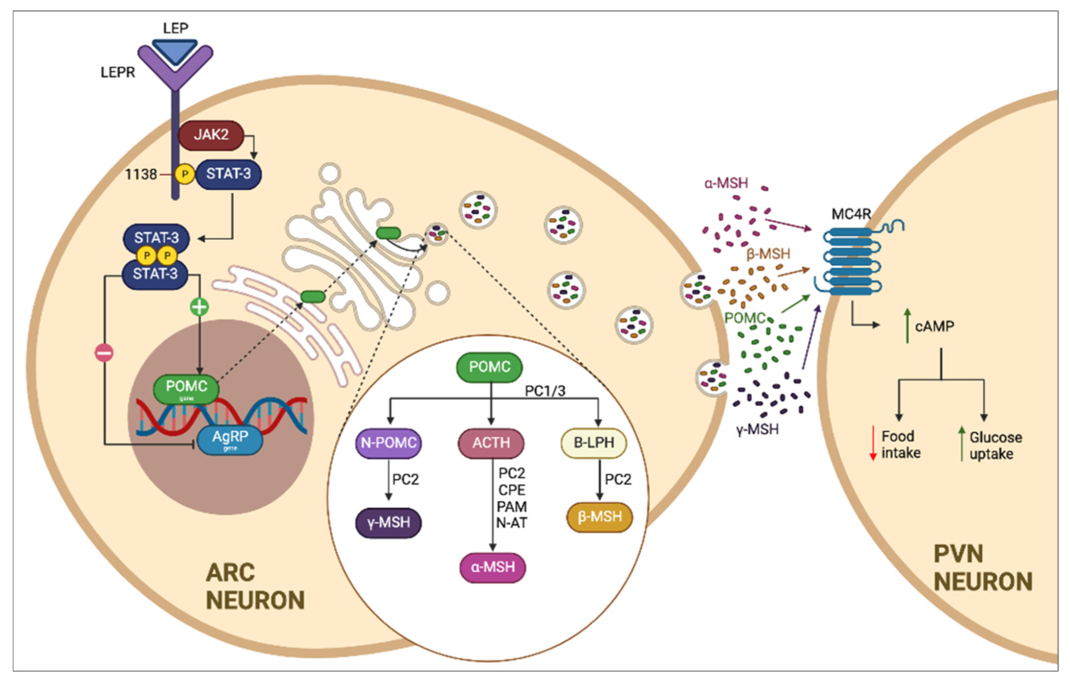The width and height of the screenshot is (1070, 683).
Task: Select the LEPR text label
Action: [117, 72]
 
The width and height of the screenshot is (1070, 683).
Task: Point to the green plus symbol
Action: [199, 306]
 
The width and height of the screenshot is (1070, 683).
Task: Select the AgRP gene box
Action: [230, 439]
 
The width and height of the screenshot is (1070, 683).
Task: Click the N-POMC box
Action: [389, 443]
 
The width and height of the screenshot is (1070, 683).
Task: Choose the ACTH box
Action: [491, 443]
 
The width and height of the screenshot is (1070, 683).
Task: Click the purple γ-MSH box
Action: [389, 522]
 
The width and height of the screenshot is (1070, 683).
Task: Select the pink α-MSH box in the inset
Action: [492, 567]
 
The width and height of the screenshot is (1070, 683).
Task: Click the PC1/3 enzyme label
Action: [545, 391]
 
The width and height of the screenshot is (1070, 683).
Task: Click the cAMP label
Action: [935, 326]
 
